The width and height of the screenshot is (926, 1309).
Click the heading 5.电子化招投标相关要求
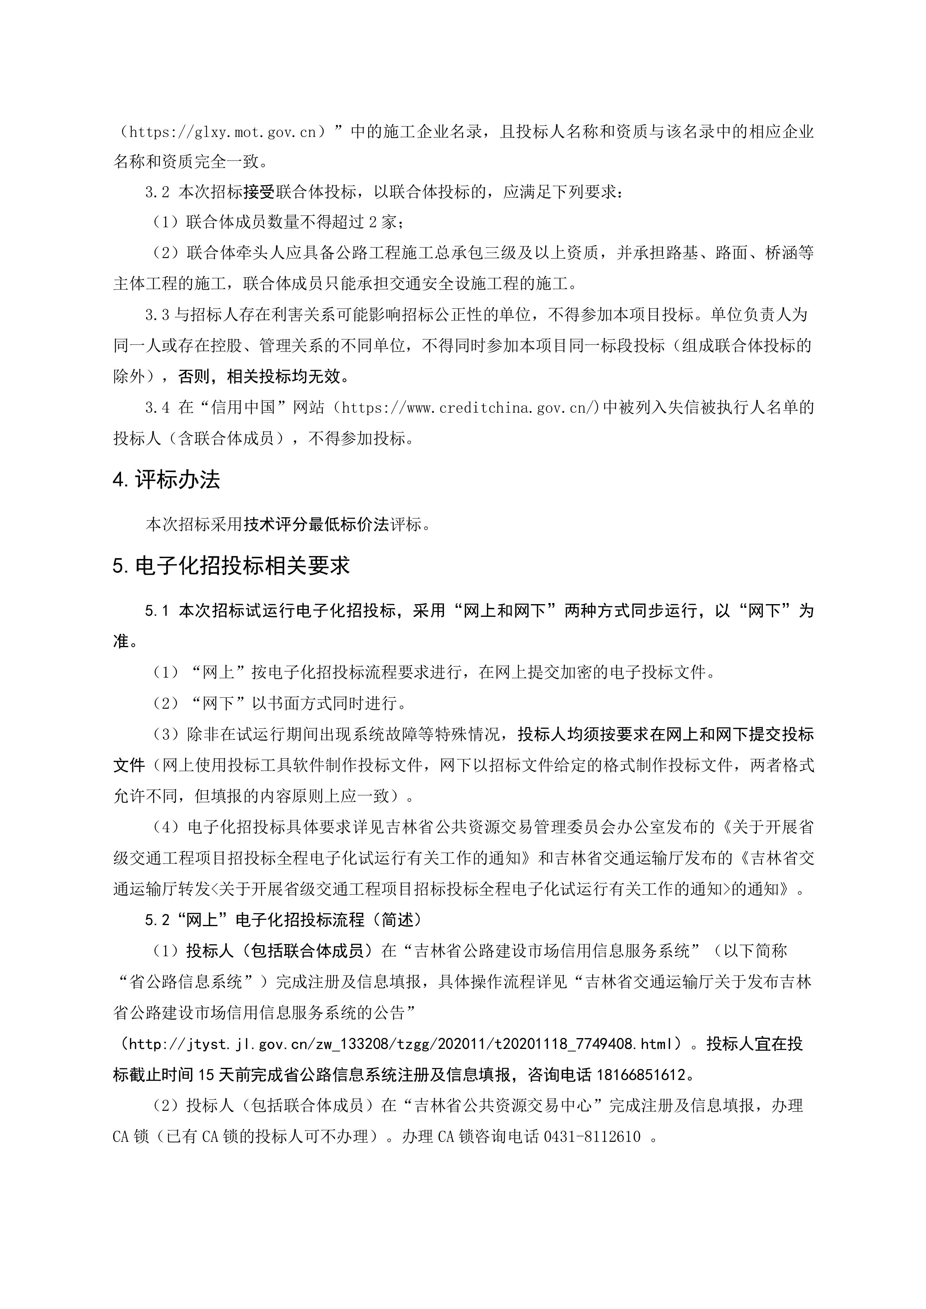coord(231,566)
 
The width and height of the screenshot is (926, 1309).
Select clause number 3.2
coord(158,192)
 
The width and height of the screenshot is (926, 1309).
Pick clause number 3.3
coord(158,314)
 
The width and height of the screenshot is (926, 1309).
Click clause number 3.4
coord(158,407)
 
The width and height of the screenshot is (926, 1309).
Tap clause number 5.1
coord(158,610)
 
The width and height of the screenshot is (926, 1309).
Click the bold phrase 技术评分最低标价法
coord(317,524)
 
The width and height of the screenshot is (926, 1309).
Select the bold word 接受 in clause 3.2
coord(260,192)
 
